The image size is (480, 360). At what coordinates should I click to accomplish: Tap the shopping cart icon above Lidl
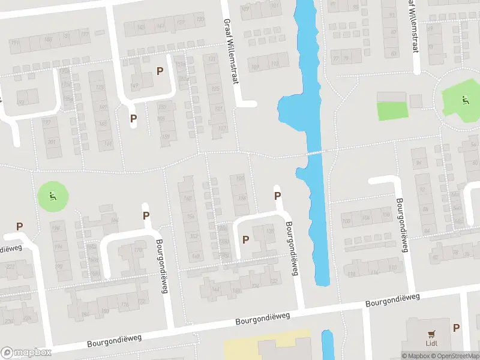click(431, 334)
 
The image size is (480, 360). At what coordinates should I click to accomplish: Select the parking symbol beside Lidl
click(457, 328)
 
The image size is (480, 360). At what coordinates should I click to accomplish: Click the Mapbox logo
click(26, 352)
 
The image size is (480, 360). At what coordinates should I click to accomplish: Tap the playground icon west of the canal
click(53, 196)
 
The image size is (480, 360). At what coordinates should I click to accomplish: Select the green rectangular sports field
click(391, 110)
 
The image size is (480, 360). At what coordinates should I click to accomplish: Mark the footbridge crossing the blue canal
click(315, 153)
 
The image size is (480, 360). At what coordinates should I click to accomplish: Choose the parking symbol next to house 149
click(160, 71)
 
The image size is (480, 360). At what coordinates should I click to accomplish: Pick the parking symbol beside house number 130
click(245, 239)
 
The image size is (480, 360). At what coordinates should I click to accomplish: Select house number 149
click(135, 85)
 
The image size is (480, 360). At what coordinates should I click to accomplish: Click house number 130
click(269, 231)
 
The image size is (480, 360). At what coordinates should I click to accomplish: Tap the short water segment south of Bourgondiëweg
click(328, 344)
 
